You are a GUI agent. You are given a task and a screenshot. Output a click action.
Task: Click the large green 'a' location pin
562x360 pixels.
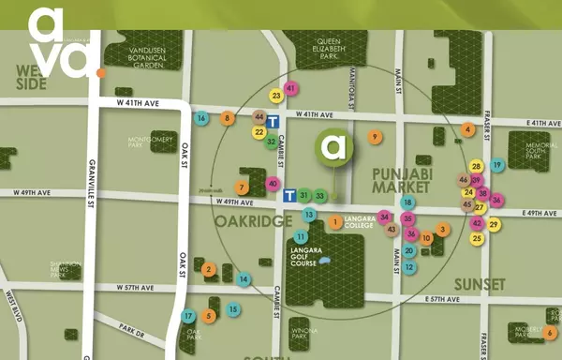click(x=333, y=147)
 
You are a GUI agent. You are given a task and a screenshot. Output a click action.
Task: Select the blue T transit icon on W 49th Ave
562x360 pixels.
click(x=289, y=195)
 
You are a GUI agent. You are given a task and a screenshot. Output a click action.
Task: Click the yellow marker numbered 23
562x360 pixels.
click(x=276, y=96)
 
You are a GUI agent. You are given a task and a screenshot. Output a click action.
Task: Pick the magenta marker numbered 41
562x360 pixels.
click(x=291, y=88)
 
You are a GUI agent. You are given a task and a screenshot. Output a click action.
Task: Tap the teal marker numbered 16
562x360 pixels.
click(x=201, y=118)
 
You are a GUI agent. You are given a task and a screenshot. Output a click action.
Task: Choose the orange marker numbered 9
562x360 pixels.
click(x=375, y=137)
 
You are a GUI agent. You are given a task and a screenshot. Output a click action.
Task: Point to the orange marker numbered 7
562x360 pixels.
click(x=243, y=187)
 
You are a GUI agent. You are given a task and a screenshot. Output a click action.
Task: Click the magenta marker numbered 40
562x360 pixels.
click(x=273, y=184)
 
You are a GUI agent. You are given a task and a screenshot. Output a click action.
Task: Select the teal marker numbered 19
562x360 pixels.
click(x=497, y=165)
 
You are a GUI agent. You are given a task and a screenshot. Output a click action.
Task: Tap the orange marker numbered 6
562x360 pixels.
click(x=549, y=332)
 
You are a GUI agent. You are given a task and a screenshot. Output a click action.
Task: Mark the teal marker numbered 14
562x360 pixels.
click(x=244, y=278)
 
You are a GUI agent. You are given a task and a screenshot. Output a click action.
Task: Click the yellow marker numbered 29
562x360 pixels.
click(x=495, y=224)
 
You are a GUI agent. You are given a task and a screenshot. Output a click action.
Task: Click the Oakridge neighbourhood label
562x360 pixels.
click(x=248, y=221)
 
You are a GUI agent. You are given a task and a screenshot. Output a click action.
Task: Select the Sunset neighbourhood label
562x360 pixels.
click(x=480, y=283)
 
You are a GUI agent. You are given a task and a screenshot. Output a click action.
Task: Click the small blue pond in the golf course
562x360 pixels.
click(x=324, y=262)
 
